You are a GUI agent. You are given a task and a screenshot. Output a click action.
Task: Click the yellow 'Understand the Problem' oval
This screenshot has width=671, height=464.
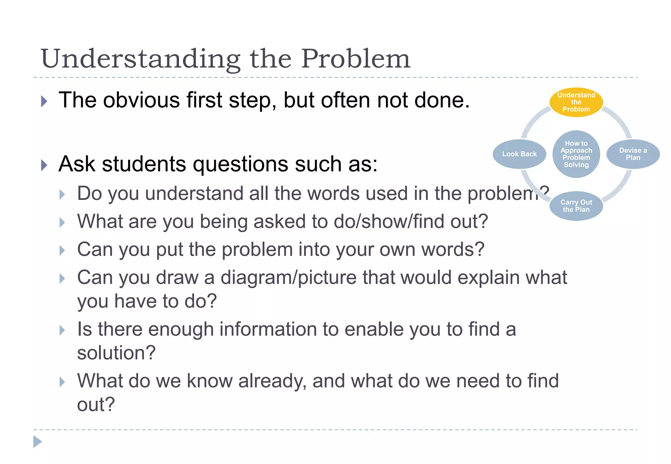[x=576, y=102]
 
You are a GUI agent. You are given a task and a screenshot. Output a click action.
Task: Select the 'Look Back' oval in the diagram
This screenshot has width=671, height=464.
[x=519, y=154]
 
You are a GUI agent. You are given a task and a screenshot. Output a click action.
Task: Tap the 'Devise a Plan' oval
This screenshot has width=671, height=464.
[x=633, y=154]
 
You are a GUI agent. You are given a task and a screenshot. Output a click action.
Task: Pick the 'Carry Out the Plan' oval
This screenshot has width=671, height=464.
[x=576, y=206]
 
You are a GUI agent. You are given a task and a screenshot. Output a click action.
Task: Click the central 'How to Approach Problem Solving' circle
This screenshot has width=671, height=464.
[x=576, y=154]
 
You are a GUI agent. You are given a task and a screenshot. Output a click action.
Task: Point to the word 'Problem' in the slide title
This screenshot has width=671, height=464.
[x=355, y=59]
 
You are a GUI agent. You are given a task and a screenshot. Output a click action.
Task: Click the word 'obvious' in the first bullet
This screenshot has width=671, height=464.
[x=142, y=100]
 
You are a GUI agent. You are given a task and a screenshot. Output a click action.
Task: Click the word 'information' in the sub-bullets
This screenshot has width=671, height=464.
[x=265, y=329]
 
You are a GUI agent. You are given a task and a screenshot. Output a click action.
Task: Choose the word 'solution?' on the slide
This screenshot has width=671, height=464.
[x=116, y=353]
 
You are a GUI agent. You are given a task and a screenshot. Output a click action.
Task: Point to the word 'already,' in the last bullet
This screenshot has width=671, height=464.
[x=272, y=381]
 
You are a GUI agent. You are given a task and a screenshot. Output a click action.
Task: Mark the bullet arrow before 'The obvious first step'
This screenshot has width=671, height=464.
[x=44, y=101]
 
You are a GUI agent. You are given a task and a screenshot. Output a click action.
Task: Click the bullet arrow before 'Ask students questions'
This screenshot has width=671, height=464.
[x=44, y=165]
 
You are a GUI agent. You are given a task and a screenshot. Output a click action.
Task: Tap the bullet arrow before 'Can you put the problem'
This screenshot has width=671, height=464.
[x=62, y=251]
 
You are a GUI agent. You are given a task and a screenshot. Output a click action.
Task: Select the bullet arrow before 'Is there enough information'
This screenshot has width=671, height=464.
[x=62, y=330]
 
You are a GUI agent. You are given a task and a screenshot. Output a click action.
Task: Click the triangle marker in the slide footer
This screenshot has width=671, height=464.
[x=37, y=441]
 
